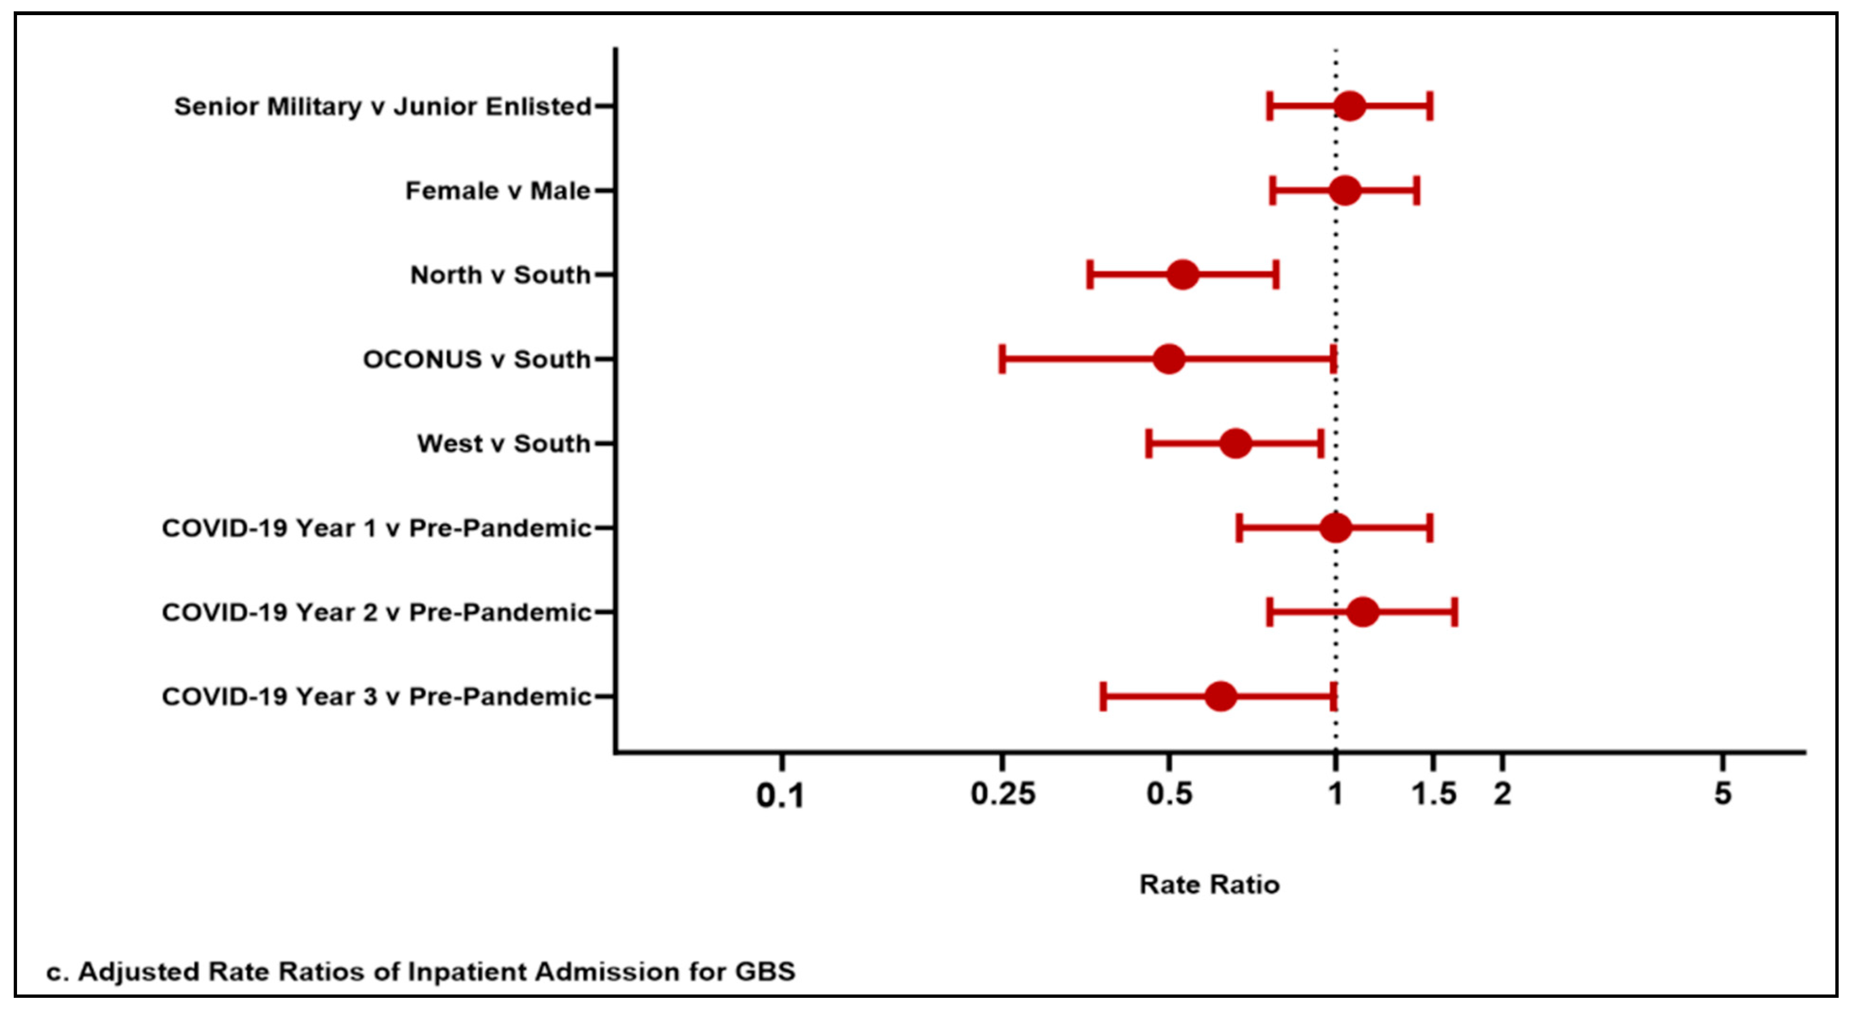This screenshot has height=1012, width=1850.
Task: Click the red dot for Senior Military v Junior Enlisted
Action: point(1350,106)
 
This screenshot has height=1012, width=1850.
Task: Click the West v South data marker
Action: point(1235,444)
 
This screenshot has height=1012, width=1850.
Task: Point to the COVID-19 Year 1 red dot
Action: point(1335,528)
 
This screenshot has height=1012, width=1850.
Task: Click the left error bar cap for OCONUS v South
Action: point(1002,359)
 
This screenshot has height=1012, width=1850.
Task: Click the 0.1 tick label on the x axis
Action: point(780,796)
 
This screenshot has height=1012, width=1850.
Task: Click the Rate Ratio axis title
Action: point(1210,885)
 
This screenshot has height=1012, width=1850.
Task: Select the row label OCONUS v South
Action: point(477,359)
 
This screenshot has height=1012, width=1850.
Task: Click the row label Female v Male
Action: point(498,191)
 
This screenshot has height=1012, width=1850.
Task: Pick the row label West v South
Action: point(503,444)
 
